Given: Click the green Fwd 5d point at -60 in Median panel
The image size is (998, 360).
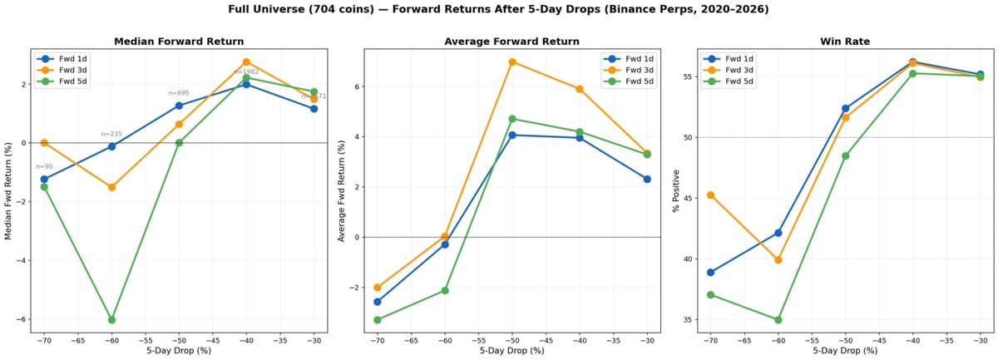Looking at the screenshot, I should click(x=111, y=319).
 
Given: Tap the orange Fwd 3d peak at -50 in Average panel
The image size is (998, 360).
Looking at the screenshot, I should click(x=512, y=62).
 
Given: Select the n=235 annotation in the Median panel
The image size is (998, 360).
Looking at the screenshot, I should click(x=111, y=134).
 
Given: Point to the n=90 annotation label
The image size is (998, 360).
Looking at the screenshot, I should click(x=44, y=166).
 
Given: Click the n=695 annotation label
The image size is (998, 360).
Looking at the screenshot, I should click(x=179, y=93).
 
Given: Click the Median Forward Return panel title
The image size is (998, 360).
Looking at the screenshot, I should click(x=179, y=41).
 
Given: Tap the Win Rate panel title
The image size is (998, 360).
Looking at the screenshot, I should click(x=845, y=41).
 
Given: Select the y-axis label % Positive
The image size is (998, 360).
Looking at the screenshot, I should click(x=676, y=190).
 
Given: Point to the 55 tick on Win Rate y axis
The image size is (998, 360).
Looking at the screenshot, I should click(x=689, y=76).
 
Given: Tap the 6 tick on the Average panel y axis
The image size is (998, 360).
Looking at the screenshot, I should click(x=356, y=86).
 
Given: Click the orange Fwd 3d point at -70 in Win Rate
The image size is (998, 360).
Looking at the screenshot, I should click(x=710, y=195).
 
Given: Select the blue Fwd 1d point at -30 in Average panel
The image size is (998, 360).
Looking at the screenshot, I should click(x=647, y=179).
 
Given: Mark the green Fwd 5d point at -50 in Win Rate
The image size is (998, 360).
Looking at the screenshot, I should click(x=845, y=155).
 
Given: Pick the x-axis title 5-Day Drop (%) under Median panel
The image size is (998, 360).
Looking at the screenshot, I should click(x=179, y=350).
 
